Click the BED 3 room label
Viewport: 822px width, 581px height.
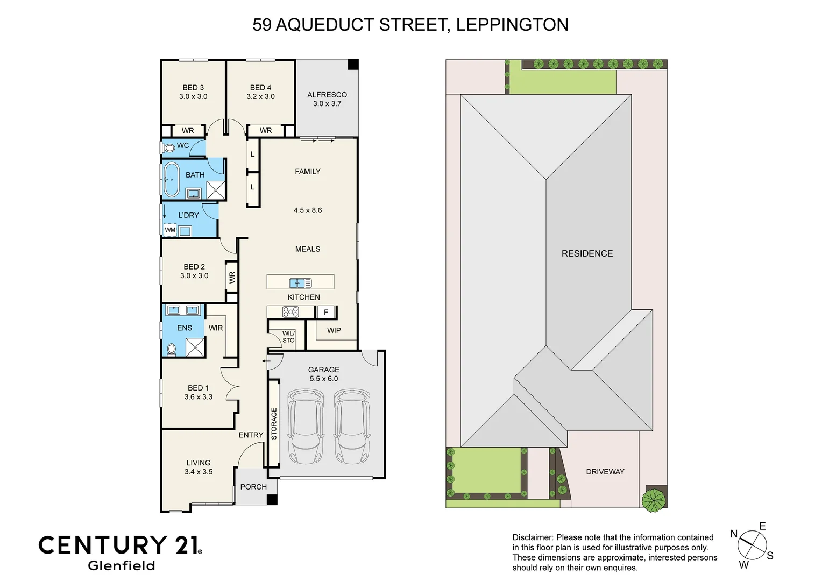click(x=193, y=88)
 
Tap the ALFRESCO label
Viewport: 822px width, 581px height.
click(x=327, y=95)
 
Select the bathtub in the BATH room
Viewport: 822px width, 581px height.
click(x=172, y=180)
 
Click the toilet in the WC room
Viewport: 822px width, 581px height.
click(x=169, y=147)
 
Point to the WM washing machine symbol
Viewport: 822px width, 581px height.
click(x=170, y=230)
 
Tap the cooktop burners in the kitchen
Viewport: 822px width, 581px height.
click(x=290, y=312)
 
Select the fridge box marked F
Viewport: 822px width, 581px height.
click(x=326, y=312)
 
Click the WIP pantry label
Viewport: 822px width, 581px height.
click(x=334, y=330)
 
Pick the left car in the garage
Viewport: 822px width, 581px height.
click(x=306, y=427)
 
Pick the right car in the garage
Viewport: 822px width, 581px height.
click(x=352, y=427)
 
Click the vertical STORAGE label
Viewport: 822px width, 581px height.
click(x=274, y=424)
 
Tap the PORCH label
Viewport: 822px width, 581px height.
click(x=253, y=487)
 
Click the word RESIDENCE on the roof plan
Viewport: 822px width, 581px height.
click(x=587, y=253)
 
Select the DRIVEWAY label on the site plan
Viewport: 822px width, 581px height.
click(x=605, y=472)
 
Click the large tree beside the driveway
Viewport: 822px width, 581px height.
click(x=654, y=500)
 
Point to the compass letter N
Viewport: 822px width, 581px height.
click(x=734, y=534)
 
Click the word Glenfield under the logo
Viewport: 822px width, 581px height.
click(x=122, y=565)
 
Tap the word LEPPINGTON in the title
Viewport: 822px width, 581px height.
click(x=512, y=25)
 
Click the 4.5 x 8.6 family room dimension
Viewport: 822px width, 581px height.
click(x=308, y=210)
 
